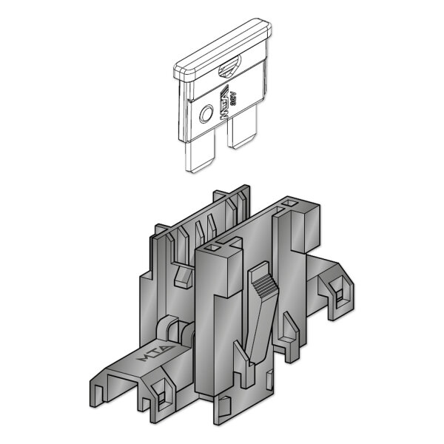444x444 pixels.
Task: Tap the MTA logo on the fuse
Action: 223,99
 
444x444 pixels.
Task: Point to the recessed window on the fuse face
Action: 229,69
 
